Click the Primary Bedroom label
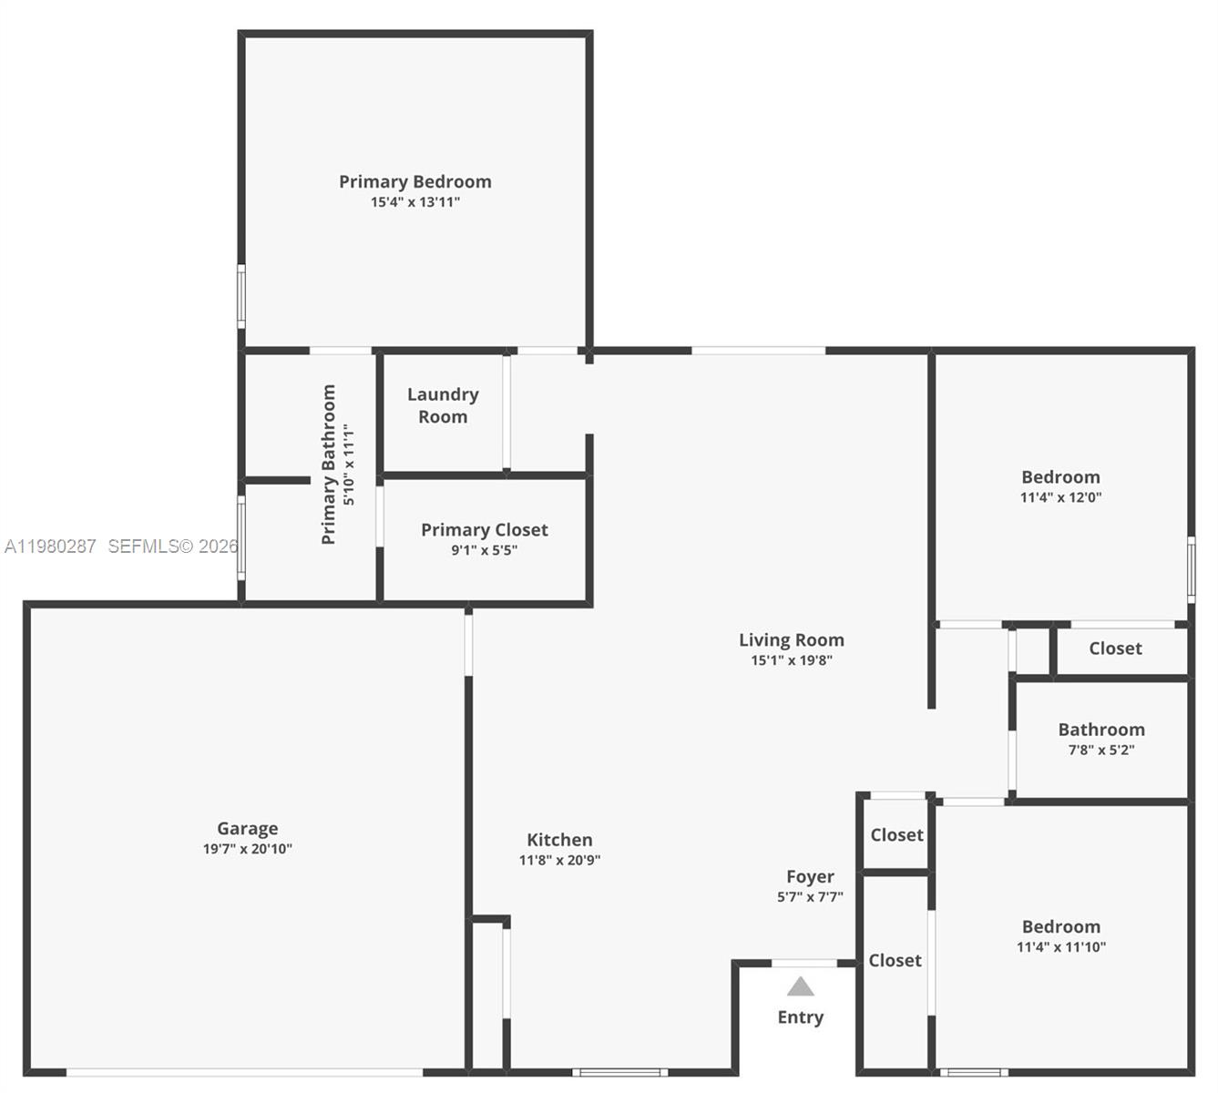(415, 182)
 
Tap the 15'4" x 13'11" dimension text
(415, 202)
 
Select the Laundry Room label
(443, 405)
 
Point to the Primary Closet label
(484, 530)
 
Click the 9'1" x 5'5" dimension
(484, 550)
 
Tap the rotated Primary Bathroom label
(329, 465)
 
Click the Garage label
(247, 829)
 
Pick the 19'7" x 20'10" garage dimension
(247, 849)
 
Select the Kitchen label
(559, 840)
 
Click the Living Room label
(791, 640)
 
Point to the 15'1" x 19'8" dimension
(791, 660)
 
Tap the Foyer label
(810, 876)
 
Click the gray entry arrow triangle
(800, 987)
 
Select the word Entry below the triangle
(800, 1017)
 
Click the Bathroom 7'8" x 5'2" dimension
(1100, 751)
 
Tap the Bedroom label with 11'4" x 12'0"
(1060, 477)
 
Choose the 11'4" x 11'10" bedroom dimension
(1060, 947)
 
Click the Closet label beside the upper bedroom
(1115, 649)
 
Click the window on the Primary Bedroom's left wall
(241, 296)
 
